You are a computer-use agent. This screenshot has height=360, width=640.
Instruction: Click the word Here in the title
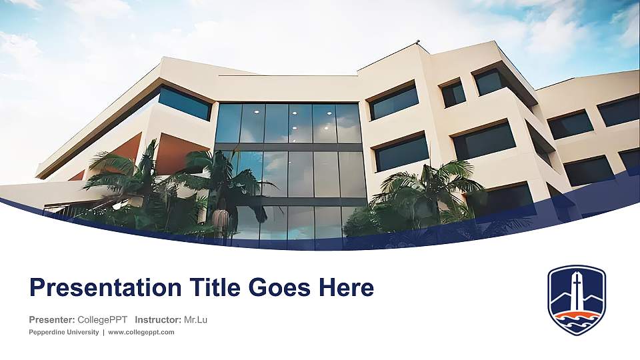pyautogui.click(x=346, y=288)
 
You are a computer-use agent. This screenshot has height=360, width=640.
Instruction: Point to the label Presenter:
pyautogui.click(x=51, y=320)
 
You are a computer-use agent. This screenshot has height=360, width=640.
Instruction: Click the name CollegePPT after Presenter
pyautogui.click(x=103, y=320)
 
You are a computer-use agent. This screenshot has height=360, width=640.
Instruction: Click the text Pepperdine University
pyautogui.click(x=64, y=332)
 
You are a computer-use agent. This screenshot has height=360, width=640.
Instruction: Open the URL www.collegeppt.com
pyautogui.click(x=141, y=332)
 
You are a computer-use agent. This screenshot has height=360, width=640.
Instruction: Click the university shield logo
pyautogui.click(x=577, y=299)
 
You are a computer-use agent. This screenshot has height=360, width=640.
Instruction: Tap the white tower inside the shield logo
pyautogui.click(x=577, y=291)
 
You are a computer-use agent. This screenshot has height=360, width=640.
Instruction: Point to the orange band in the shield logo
pyautogui.click(x=577, y=315)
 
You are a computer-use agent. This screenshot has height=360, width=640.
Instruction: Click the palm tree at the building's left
pyautogui.click(x=120, y=177)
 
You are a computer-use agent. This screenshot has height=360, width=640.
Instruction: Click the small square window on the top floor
pyautogui.click(x=453, y=93)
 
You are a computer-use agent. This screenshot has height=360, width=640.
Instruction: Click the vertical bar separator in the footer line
pyautogui.click(x=103, y=332)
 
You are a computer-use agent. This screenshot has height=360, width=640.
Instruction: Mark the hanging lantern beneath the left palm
pyautogui.click(x=219, y=219)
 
